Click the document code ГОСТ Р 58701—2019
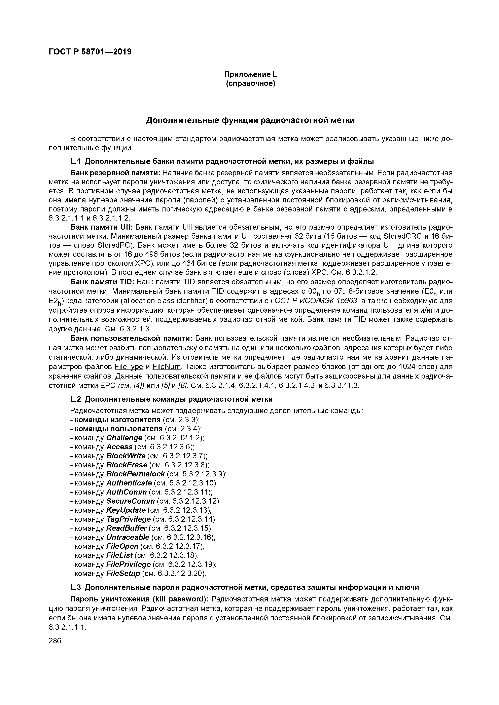[90, 52]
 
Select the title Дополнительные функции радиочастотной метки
[250, 120]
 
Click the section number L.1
[76, 161]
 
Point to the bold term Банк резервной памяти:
[116, 173]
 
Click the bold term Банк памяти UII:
[101, 227]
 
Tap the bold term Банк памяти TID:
[102, 282]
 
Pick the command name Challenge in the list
[124, 438]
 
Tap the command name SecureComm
[130, 501]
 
